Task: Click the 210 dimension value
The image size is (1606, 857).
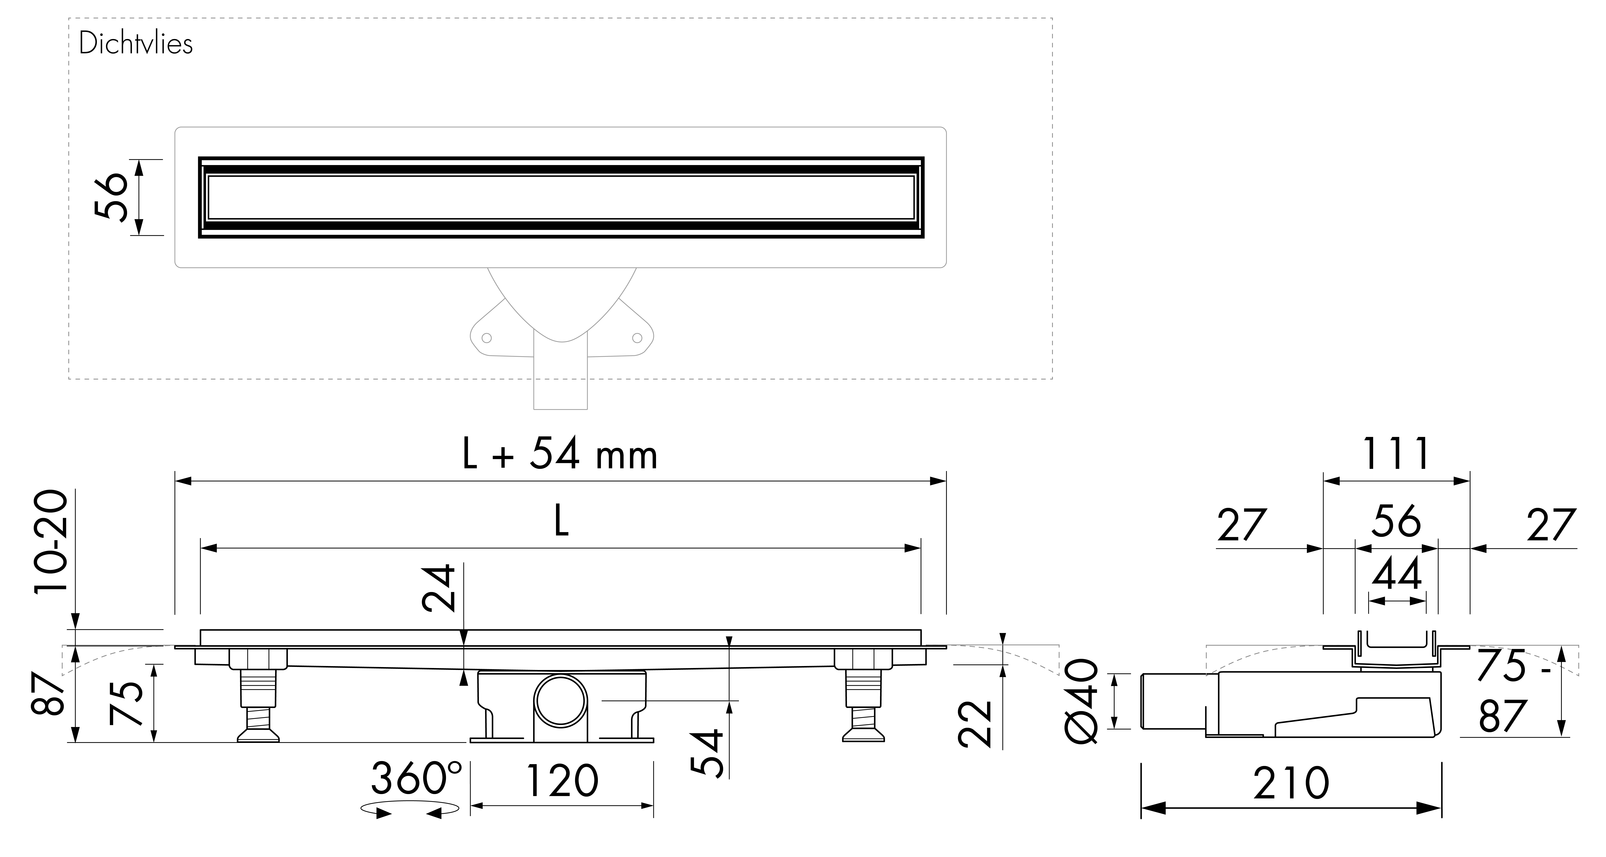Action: tap(1291, 784)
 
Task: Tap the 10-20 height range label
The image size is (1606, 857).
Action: tap(51, 543)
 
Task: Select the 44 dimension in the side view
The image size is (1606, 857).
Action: tap(1396, 574)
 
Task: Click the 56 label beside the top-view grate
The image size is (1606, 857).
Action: tap(111, 196)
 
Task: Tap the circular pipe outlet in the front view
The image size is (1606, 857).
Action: tap(561, 700)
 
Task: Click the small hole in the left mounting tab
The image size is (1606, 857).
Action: tap(487, 338)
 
